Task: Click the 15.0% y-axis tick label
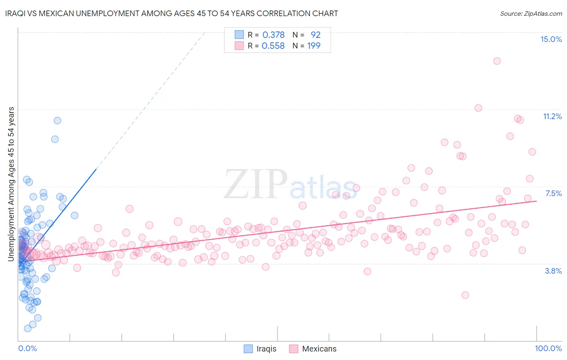[x=551, y=39]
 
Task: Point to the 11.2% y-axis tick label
[x=552, y=116]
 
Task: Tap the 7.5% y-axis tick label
[x=553, y=193]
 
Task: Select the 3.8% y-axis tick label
[x=553, y=271]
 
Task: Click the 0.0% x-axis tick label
[x=27, y=348]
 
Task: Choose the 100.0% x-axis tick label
[x=548, y=348]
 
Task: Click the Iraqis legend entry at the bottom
[x=266, y=349]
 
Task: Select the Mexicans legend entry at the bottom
[x=319, y=349]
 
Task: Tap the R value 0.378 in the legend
[x=273, y=35]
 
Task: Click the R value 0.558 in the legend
[x=273, y=46]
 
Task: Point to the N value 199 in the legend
[x=314, y=46]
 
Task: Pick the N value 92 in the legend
[x=315, y=35]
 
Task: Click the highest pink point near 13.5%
[x=497, y=61]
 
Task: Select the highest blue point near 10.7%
[x=57, y=120]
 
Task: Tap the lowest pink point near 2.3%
[x=465, y=295]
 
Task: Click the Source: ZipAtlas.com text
[x=531, y=13]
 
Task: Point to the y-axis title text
[x=11, y=184]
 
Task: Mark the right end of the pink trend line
[x=536, y=201]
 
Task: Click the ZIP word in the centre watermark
[x=255, y=184]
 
